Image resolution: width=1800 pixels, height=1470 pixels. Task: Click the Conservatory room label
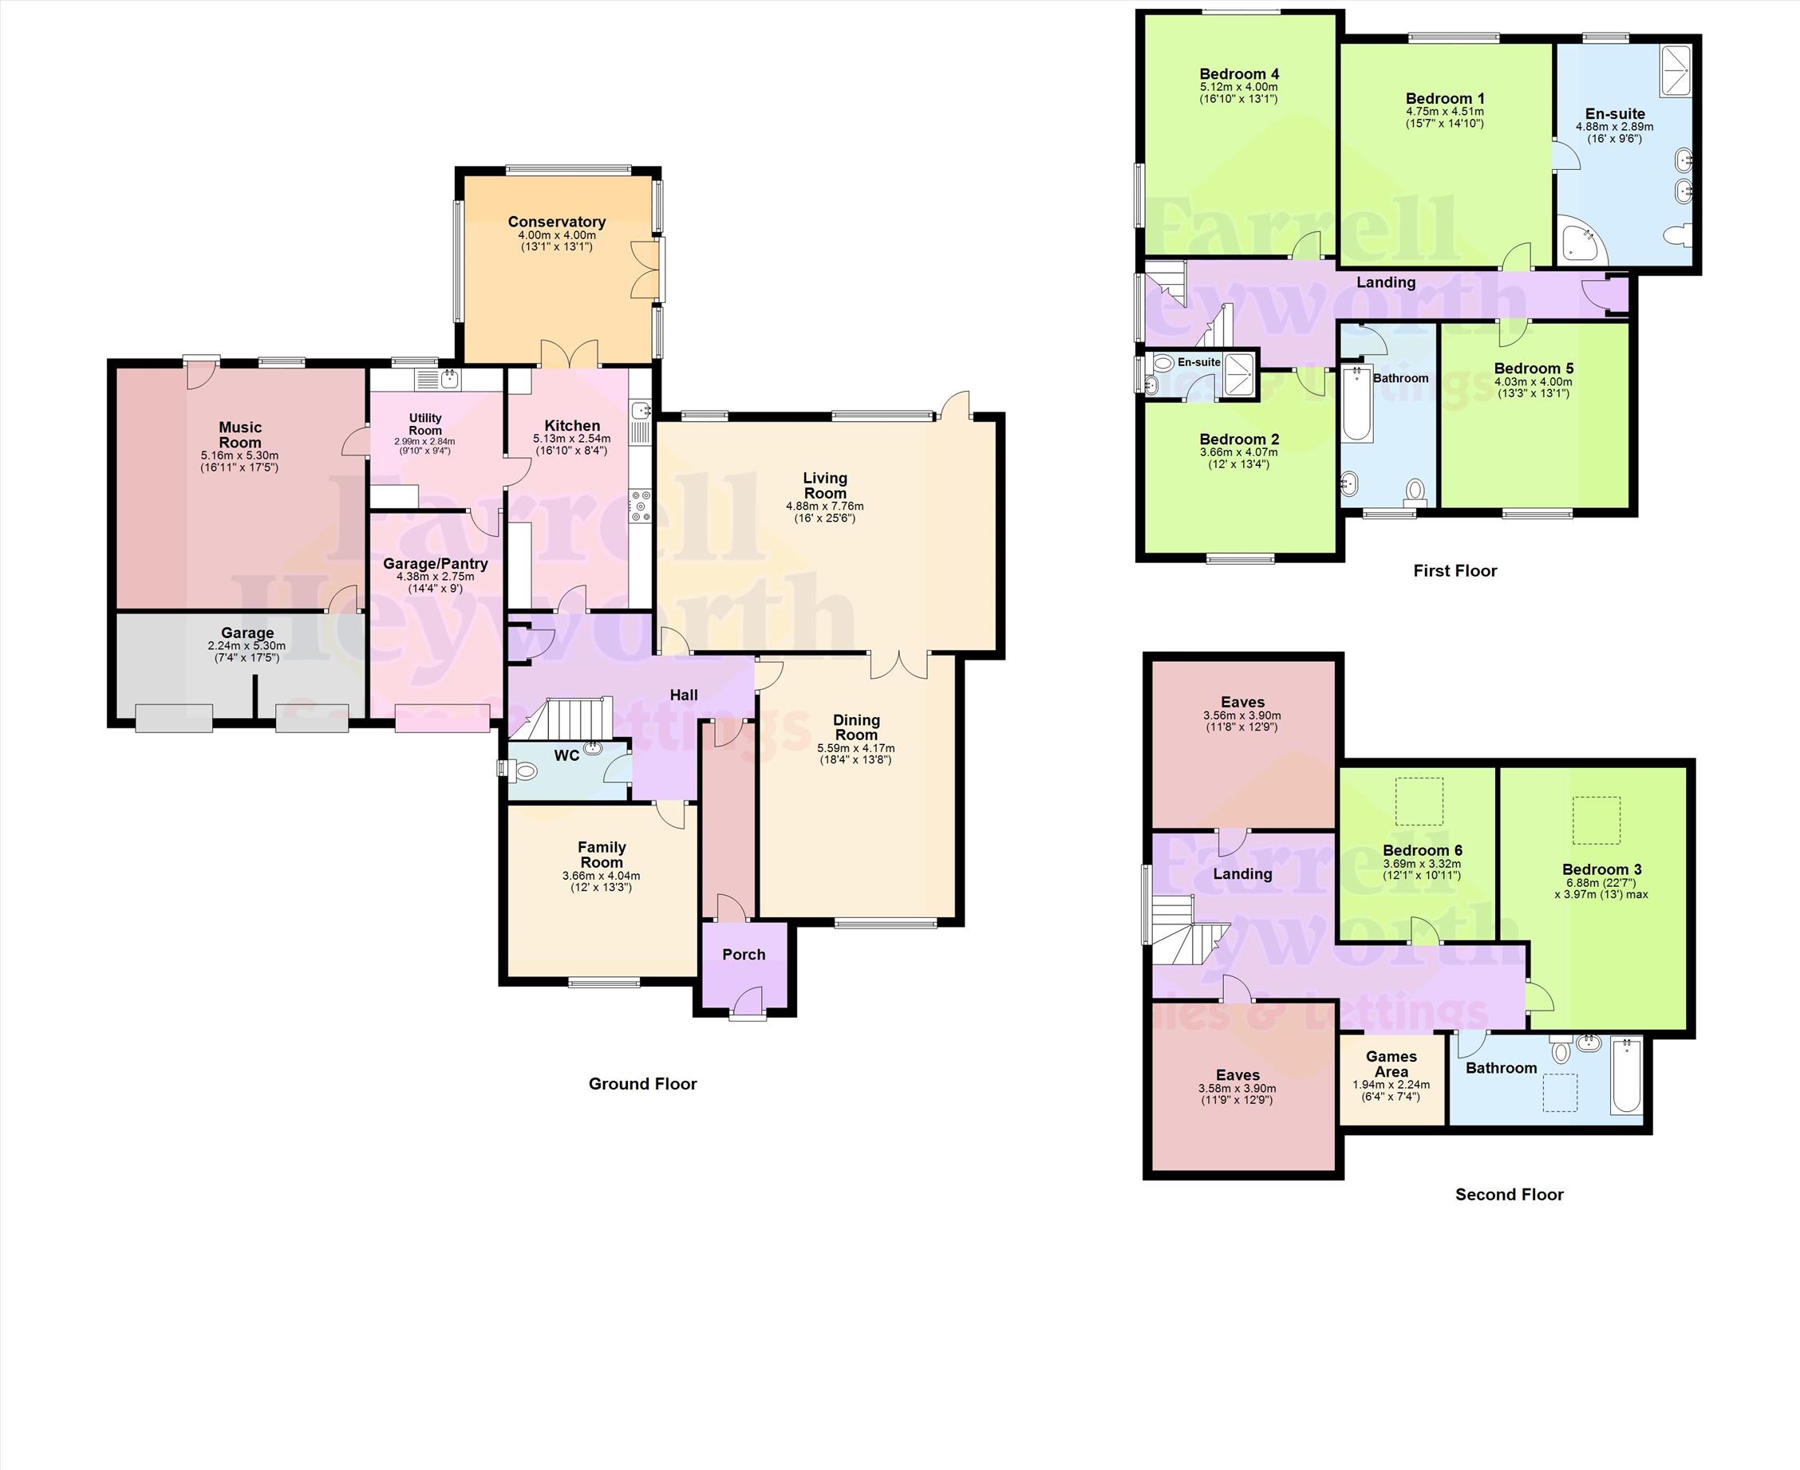point(557,222)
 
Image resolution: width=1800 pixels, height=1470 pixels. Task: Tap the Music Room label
point(241,435)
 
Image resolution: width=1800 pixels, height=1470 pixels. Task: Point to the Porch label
point(744,954)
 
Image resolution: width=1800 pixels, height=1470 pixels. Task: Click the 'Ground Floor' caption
point(643,1084)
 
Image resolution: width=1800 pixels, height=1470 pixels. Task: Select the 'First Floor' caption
point(1455,571)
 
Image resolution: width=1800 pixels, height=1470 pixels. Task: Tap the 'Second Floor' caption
point(1510,1194)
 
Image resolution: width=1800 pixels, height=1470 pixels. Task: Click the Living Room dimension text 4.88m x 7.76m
point(825,506)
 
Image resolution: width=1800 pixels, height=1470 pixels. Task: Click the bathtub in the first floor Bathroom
point(1358,404)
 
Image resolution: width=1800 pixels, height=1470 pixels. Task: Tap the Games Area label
point(1391,1063)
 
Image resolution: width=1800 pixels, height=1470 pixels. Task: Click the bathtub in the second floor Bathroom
point(1626,1075)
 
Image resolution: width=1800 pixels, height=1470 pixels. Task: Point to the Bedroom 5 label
point(1534,368)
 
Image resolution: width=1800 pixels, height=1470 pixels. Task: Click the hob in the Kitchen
point(640,506)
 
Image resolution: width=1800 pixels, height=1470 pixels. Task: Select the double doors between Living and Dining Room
point(898,665)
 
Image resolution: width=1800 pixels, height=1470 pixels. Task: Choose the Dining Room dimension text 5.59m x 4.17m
point(856,748)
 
